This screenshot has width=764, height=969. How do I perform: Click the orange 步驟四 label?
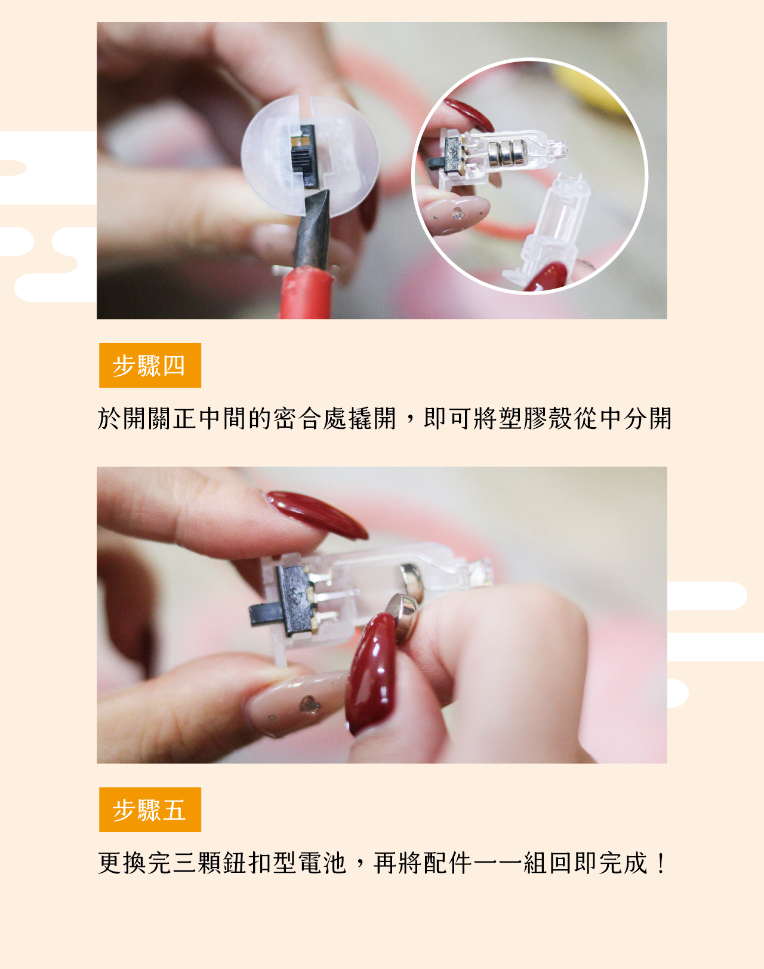pos(150,365)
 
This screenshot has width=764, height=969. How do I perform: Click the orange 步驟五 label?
pos(150,809)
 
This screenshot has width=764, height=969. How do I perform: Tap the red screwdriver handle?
pos(306,293)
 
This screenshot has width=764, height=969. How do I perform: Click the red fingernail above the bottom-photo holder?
pos(317,514)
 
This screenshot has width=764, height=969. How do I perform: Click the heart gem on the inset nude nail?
pos(458,214)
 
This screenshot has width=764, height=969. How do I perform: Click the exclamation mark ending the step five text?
pos(661,863)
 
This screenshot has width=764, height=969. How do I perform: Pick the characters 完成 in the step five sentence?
pos(623,863)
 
